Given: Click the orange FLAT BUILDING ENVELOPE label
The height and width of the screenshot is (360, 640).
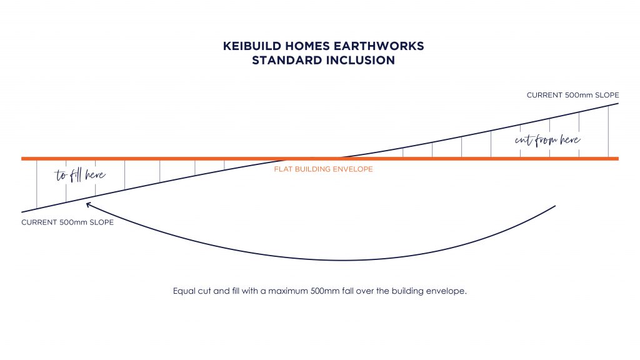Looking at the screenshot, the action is tap(323, 169).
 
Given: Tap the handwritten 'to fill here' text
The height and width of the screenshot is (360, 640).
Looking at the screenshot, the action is tap(80, 175).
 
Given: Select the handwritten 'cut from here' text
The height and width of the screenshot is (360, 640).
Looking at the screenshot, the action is tap(547, 140).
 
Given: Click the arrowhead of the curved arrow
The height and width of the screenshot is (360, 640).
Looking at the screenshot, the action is tap(88, 204).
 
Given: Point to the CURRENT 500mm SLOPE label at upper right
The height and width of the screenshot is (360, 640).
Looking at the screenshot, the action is tap(572, 95).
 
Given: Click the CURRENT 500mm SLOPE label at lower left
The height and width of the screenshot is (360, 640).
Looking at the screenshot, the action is tap(67, 222).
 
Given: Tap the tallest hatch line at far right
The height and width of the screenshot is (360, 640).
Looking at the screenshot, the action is tap(608, 131).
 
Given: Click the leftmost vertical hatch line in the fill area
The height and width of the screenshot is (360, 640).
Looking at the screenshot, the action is tap(37, 184).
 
